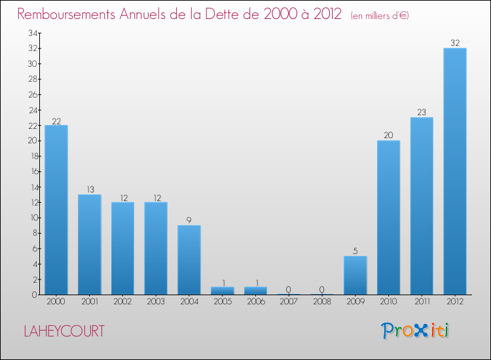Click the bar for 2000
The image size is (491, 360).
(56, 209)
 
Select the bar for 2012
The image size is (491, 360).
(455, 171)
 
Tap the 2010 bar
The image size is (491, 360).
(388, 217)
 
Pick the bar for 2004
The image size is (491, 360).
(189, 260)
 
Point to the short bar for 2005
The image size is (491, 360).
(223, 291)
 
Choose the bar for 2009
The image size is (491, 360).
(355, 275)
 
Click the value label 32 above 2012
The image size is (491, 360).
(455, 43)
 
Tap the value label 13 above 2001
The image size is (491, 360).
(90, 190)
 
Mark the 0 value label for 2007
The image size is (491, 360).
(289, 290)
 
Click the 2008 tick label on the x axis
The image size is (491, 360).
(322, 302)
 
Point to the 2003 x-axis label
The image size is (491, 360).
(156, 302)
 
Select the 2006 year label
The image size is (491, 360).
(256, 302)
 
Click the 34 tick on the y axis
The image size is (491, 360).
(32, 33)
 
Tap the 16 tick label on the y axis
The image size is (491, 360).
(32, 171)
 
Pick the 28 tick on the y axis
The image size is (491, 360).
(32, 79)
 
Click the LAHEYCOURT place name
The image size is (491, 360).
(64, 331)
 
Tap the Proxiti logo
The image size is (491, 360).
(415, 331)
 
